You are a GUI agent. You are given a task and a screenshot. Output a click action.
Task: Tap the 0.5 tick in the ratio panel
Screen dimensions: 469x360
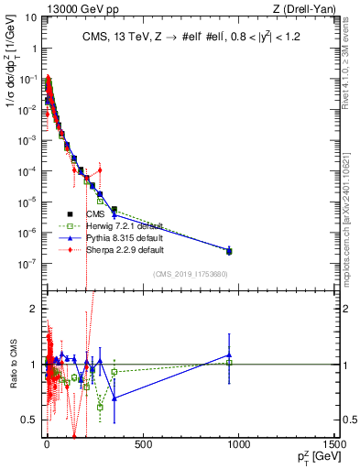click(x=29, y=420)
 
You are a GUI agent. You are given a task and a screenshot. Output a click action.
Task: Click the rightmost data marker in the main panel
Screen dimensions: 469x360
click(x=229, y=250)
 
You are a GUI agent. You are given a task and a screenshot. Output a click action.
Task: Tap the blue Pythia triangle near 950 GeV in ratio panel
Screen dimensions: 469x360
click(x=229, y=355)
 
